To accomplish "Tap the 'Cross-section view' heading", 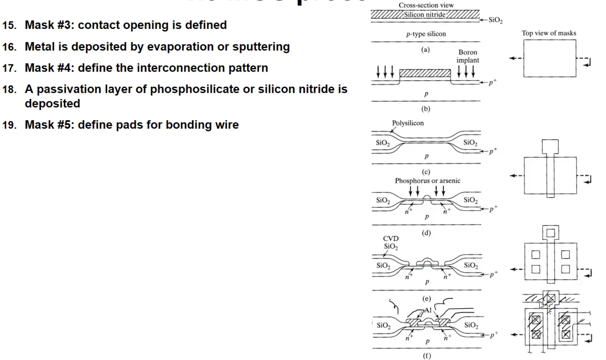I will point(426,5).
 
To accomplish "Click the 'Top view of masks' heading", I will point(549,33).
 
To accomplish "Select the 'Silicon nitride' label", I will point(424,15).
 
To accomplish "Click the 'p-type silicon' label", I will point(426,34).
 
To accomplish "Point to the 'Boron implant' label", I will point(468,56).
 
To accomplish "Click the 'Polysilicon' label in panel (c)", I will point(408,123).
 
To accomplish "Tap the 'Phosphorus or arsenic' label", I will point(427,180).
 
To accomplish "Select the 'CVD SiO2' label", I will point(391,242).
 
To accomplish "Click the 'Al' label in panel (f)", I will point(428,310).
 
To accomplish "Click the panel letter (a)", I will point(425,50).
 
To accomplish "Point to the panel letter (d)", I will point(426,233).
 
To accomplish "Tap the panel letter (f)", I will point(427,356).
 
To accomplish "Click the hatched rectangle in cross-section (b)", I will point(425,73).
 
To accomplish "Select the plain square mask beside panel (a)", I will point(549,58).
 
